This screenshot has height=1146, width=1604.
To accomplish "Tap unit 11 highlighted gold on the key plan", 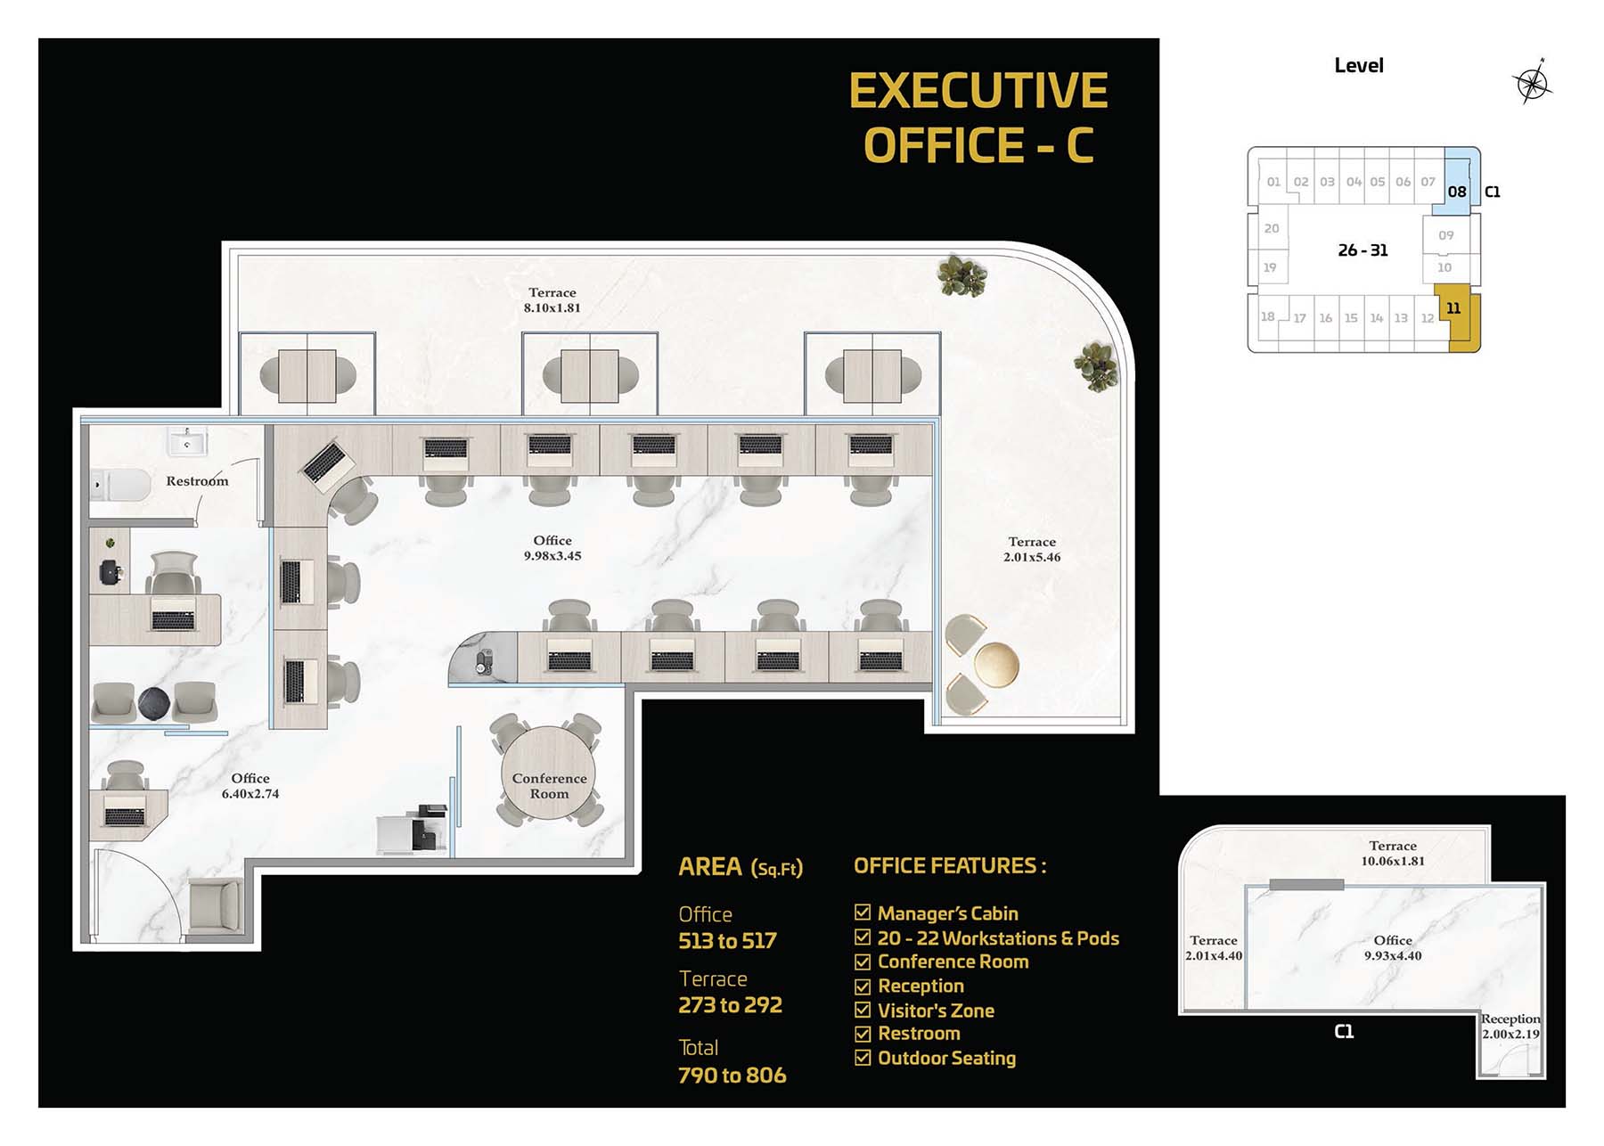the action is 1460,319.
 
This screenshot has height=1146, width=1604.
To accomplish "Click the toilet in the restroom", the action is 122,486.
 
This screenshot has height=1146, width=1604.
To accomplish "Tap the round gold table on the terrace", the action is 996,665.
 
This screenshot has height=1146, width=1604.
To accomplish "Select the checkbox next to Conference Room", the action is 863,962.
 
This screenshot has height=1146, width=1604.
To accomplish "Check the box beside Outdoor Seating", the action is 863,1058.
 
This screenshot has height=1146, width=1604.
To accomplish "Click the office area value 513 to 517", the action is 727,941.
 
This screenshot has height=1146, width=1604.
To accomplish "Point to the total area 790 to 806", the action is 732,1076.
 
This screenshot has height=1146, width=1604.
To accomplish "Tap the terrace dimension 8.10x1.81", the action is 552,308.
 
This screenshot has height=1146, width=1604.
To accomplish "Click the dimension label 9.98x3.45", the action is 552,556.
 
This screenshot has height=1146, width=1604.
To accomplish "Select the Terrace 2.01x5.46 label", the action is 1032,549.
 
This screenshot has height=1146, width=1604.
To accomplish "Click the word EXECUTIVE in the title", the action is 978,91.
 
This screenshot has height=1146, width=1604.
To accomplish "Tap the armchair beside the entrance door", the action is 216,906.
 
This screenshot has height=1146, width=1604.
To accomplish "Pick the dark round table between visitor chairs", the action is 153,704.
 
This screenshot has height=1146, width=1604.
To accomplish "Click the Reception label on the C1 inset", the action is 1510,1019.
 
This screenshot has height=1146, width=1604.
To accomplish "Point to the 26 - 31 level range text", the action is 1363,250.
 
